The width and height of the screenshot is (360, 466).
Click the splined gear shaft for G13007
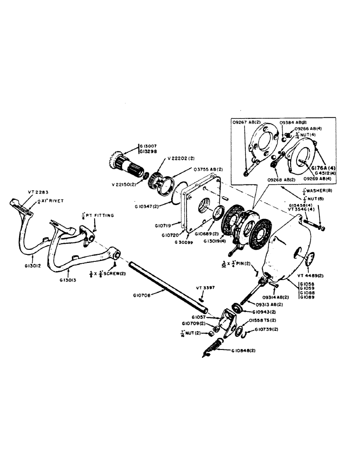(x=127, y=163)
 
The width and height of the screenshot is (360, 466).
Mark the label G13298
(x=149, y=152)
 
